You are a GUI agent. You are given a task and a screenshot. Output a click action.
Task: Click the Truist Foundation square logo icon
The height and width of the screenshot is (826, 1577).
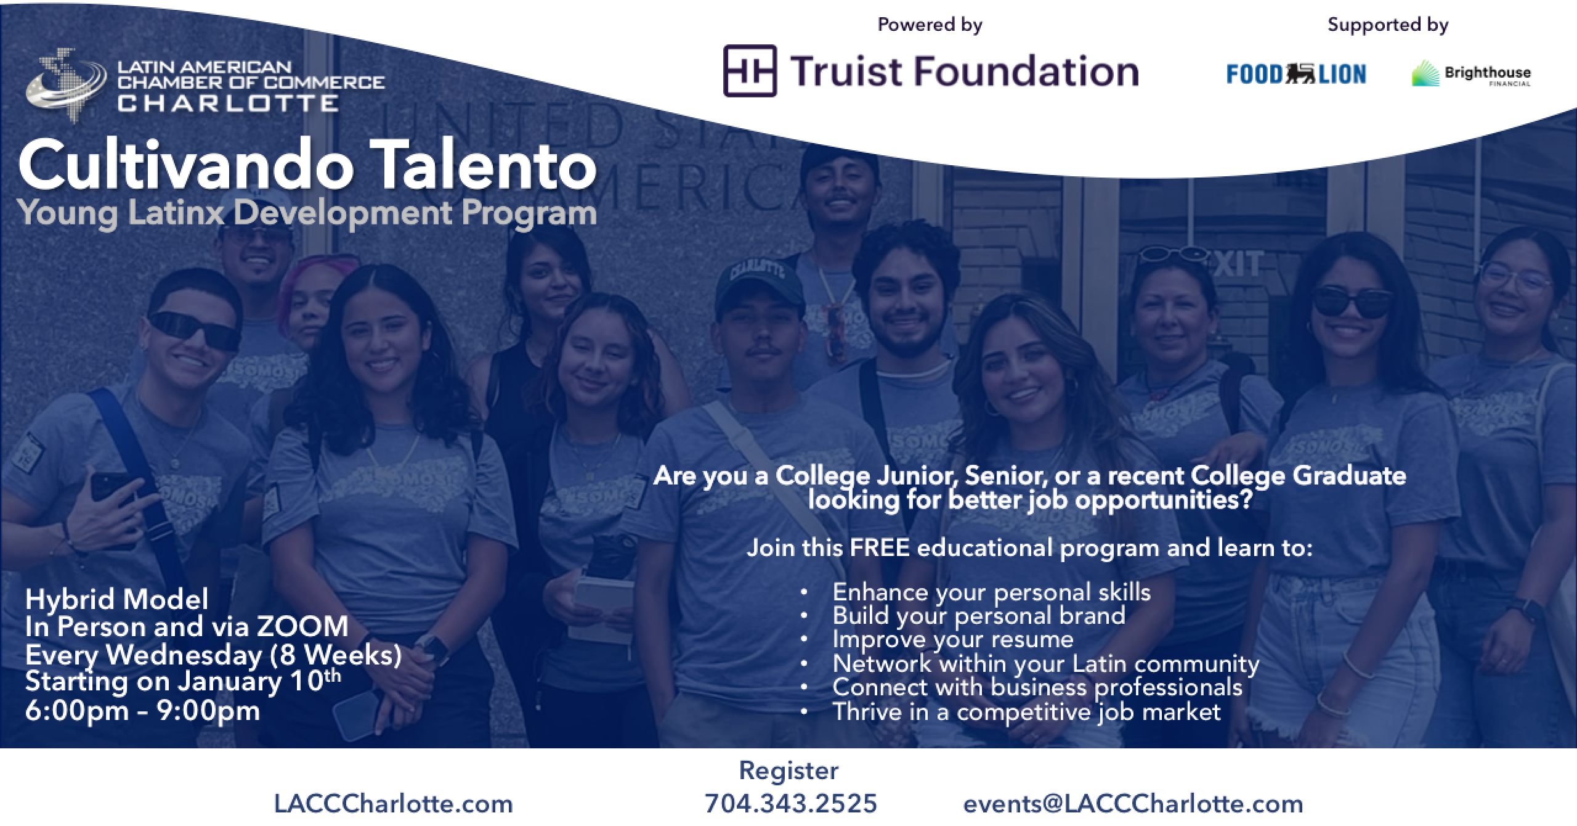point(749,71)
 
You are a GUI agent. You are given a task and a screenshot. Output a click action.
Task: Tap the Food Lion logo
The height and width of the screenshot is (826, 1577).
point(1296,75)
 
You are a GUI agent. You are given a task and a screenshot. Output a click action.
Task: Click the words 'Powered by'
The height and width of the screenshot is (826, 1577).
point(930,25)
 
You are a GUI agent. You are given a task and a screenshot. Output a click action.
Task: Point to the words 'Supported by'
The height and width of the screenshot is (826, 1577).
point(1388,25)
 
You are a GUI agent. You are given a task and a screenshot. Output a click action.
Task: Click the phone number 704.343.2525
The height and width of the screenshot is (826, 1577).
point(791,804)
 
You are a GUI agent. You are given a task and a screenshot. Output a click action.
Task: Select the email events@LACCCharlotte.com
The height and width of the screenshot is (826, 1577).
point(1133,804)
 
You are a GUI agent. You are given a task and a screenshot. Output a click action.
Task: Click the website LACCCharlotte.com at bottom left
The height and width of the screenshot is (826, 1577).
point(394,804)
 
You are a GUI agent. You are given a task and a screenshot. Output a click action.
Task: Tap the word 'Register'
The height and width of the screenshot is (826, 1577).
point(788,771)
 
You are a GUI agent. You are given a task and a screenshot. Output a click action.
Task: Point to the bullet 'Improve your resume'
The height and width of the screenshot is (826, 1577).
point(953,639)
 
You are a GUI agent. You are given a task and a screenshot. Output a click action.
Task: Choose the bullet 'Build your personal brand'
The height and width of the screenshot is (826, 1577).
point(979,616)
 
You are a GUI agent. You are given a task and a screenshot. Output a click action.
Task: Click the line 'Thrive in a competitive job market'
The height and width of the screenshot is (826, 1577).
point(1026,711)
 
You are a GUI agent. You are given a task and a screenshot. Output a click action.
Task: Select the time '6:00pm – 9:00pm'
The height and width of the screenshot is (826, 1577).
point(142,711)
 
